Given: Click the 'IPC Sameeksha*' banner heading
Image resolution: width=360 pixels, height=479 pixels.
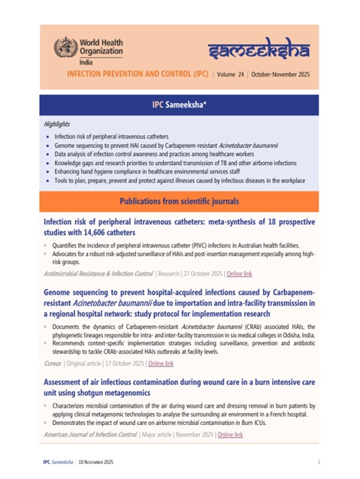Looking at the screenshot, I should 179,104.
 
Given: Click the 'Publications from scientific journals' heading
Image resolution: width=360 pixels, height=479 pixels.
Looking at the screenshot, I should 179,202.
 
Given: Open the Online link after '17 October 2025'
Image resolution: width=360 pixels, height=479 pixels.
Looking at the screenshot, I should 160,363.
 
